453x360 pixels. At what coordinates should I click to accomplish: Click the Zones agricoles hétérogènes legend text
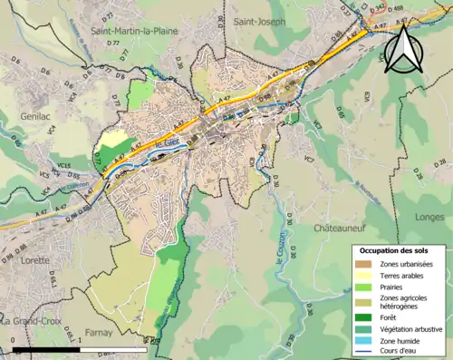pos(405,302)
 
